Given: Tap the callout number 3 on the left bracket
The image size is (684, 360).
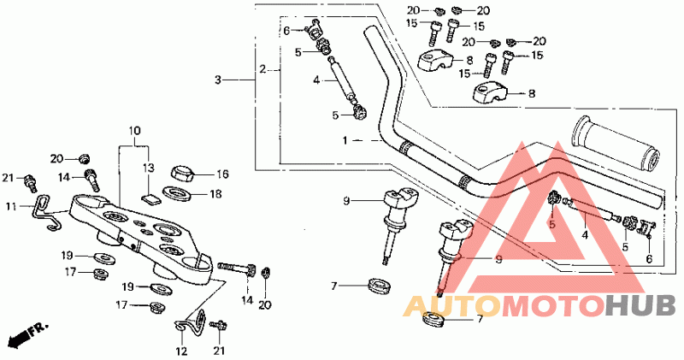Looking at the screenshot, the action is click(x=218, y=80).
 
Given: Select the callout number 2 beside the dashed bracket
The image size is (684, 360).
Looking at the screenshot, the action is click(x=263, y=68).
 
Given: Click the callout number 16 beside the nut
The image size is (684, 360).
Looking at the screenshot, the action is click(x=223, y=172).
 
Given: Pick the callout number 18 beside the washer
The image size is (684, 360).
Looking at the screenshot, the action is click(x=215, y=194).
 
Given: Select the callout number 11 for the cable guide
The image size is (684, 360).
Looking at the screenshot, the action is click(x=11, y=207).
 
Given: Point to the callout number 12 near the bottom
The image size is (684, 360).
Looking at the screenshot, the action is click(x=181, y=350).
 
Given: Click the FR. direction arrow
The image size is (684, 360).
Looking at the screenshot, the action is click(x=26, y=335).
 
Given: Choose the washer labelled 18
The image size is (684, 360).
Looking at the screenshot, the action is click(x=181, y=195).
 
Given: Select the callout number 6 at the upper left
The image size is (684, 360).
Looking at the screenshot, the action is click(x=287, y=31).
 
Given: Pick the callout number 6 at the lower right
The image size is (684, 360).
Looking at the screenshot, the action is click(x=650, y=258).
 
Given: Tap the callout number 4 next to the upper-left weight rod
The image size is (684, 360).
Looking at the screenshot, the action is click(x=315, y=80).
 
